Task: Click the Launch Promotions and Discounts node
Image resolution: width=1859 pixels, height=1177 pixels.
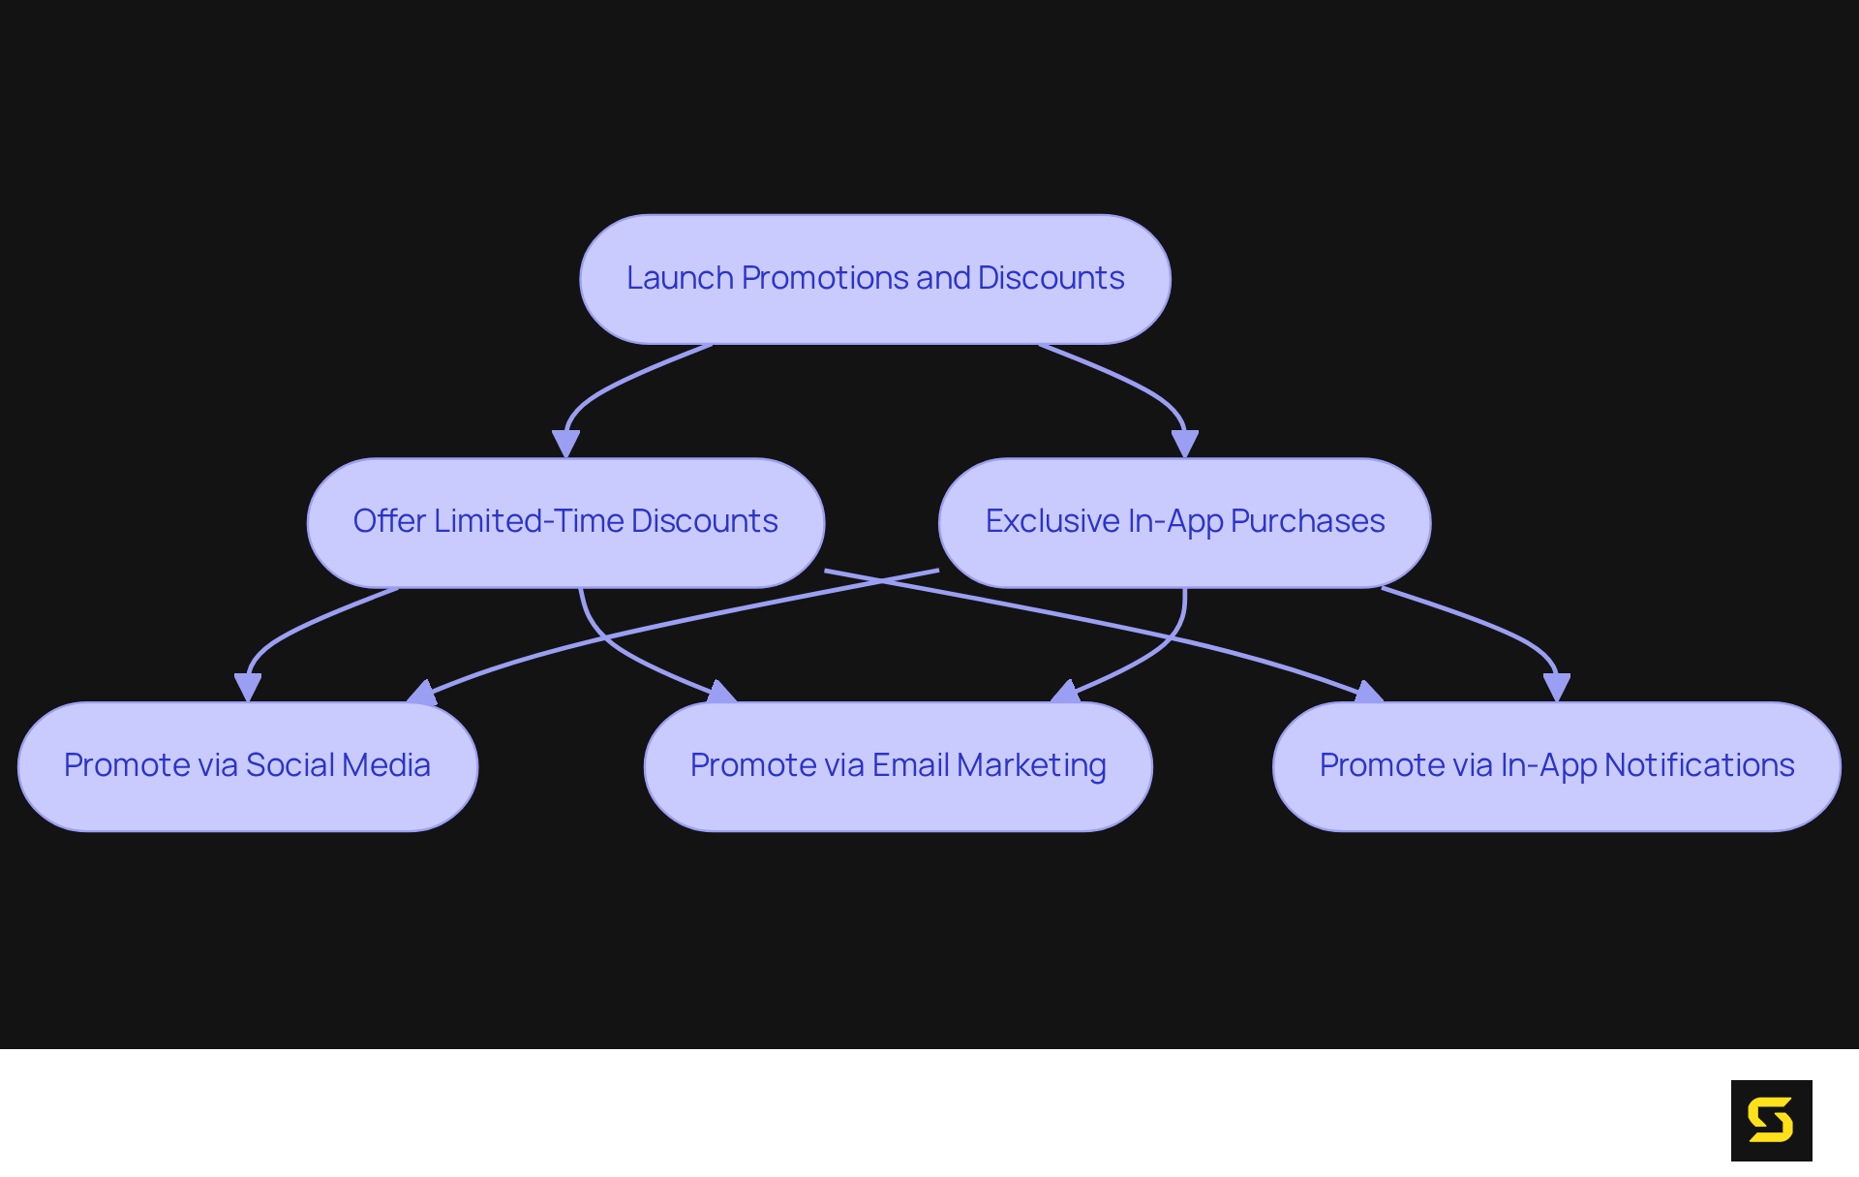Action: coord(874,279)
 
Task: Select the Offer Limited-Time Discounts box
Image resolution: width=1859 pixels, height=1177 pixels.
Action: coord(565,522)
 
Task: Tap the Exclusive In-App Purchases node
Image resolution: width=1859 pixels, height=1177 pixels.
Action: coord(1184,522)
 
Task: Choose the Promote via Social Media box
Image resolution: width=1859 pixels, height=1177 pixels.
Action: coord(247,766)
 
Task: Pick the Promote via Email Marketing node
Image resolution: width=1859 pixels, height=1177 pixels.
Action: coord(898,766)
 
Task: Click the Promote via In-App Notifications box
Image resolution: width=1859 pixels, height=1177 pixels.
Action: coord(1556,766)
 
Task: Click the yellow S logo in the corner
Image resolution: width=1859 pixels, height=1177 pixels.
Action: coord(1771,1120)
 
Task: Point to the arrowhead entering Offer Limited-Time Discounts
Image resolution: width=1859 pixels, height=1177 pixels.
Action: coord(565,445)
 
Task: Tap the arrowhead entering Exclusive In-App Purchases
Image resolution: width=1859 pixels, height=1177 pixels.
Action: coord(1185,445)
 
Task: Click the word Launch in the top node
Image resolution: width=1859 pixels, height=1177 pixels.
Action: coord(680,278)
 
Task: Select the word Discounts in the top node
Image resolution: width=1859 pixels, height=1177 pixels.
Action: coord(1051,278)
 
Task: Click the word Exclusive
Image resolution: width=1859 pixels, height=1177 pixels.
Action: coord(1052,521)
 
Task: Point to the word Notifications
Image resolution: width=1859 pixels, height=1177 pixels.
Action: coord(1699,765)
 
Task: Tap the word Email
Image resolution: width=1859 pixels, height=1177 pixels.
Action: coord(910,765)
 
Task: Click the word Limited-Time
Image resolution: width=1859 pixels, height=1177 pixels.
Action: coord(528,521)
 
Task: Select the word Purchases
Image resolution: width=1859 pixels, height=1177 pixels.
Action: coord(1307,521)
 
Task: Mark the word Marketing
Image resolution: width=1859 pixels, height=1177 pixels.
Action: coord(1031,765)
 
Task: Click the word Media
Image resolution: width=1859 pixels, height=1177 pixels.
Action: coord(386,765)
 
